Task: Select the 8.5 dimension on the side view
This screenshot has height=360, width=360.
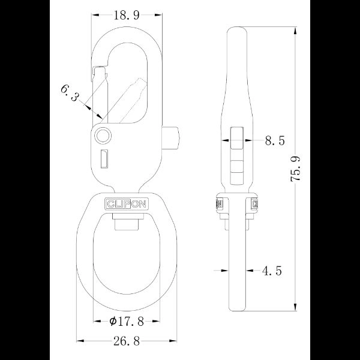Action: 274,141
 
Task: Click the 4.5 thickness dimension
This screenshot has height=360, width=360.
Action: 271,271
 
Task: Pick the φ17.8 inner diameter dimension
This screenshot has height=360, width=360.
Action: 128,322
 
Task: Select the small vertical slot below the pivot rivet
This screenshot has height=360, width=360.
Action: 103,159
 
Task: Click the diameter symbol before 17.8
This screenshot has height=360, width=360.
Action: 113,322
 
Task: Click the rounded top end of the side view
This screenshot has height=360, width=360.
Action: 238,30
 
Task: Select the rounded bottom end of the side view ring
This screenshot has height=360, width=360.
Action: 238,308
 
